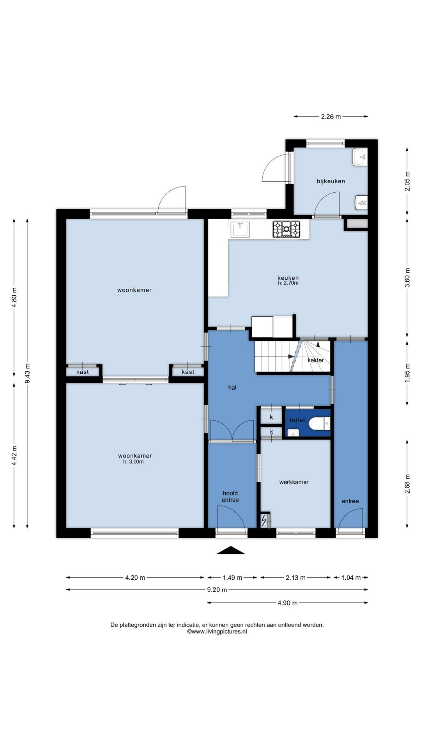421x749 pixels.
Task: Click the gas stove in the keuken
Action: [x=287, y=229]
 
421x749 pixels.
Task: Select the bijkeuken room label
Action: [x=331, y=181]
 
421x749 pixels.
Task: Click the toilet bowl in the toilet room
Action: [x=318, y=423]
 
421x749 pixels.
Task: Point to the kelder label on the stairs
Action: [x=315, y=360]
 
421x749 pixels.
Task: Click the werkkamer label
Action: [x=294, y=482]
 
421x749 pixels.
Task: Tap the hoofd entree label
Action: [x=230, y=497]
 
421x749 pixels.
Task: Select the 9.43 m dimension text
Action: [x=27, y=373]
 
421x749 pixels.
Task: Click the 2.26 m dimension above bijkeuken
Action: [x=331, y=116]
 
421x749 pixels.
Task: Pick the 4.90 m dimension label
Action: [x=288, y=603]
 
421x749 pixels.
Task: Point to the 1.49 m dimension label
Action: [x=232, y=578]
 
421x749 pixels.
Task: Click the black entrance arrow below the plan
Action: [x=231, y=550]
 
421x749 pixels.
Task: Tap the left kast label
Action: [x=83, y=372]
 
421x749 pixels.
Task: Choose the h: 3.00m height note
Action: [x=133, y=462]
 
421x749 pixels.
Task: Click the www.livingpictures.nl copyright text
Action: [x=217, y=632]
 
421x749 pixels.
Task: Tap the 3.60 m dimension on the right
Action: [x=407, y=278]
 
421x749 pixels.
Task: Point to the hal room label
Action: [x=232, y=387]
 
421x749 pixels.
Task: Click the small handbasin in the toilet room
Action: [x=293, y=432]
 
